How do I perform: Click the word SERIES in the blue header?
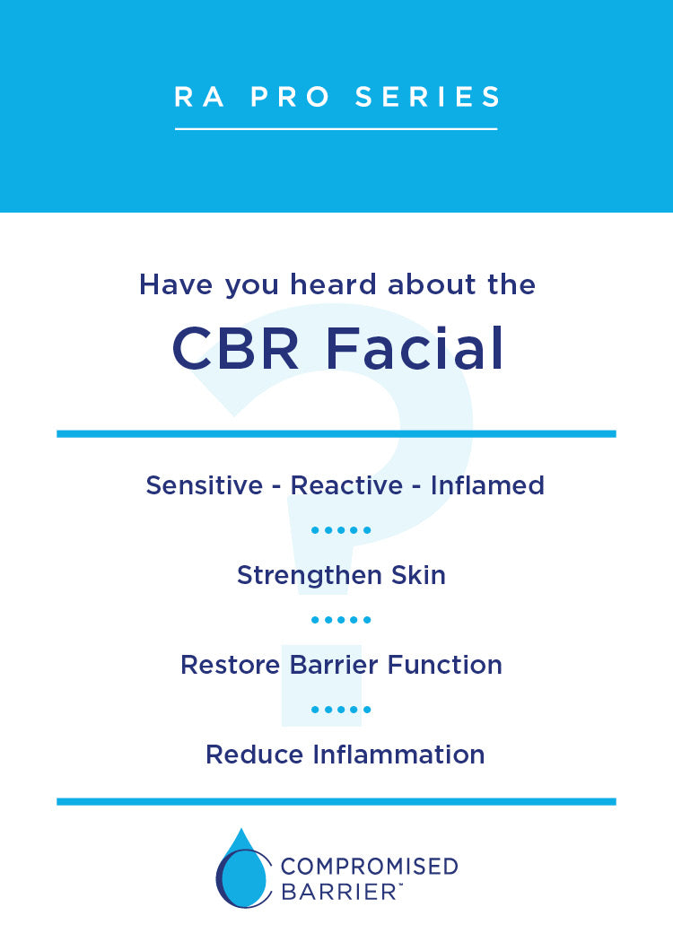427,97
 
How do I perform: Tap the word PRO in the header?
290,97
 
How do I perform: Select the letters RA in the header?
199,97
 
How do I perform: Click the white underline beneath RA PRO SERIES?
336,128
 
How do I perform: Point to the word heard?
334,284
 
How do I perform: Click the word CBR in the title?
235,348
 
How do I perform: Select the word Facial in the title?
415,348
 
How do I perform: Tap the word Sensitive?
205,485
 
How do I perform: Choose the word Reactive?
346,485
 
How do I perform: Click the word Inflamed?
487,485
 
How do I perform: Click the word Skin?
418,575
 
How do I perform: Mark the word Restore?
230,665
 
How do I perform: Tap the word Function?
445,665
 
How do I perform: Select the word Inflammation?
398,754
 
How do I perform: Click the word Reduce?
255,754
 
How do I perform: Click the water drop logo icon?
243,868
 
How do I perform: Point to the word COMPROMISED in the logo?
370,867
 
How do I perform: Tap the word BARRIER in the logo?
338,892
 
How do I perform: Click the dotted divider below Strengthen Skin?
341,620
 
